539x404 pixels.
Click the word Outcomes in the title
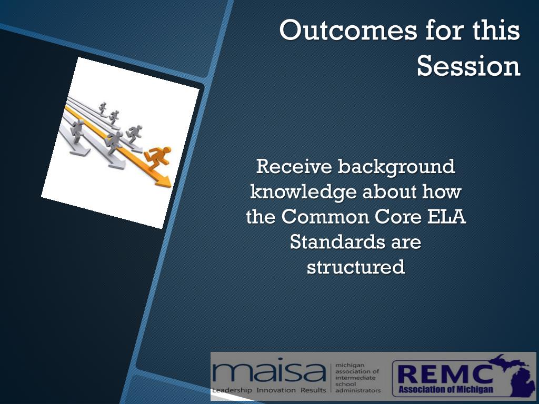(x=348, y=30)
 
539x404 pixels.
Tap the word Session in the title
(x=468, y=66)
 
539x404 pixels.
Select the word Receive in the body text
(x=294, y=166)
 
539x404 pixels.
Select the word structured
(x=356, y=267)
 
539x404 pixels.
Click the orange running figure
(x=157, y=157)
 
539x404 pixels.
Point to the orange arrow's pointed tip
(x=171, y=187)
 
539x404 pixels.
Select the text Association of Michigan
(x=446, y=390)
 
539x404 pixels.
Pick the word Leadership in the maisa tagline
(x=232, y=390)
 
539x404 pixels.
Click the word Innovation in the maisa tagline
(x=276, y=390)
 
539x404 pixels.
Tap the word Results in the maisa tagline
(x=313, y=390)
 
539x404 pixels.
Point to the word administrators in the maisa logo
(x=358, y=391)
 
